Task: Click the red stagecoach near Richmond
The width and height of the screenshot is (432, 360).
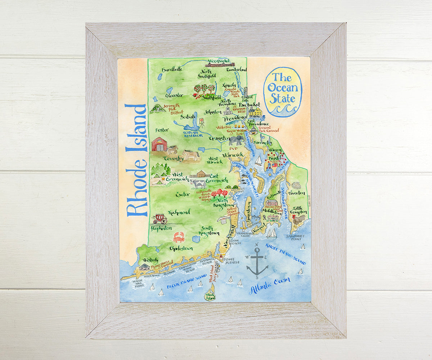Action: point(159,218)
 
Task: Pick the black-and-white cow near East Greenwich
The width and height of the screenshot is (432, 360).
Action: point(199,184)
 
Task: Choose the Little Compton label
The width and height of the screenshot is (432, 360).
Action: point(297,210)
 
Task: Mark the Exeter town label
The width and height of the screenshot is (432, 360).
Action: point(183,194)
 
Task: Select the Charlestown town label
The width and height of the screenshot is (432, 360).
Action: point(181,248)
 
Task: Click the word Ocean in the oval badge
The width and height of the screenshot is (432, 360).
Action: point(283,87)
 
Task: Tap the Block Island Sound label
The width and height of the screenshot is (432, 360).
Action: point(186,282)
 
